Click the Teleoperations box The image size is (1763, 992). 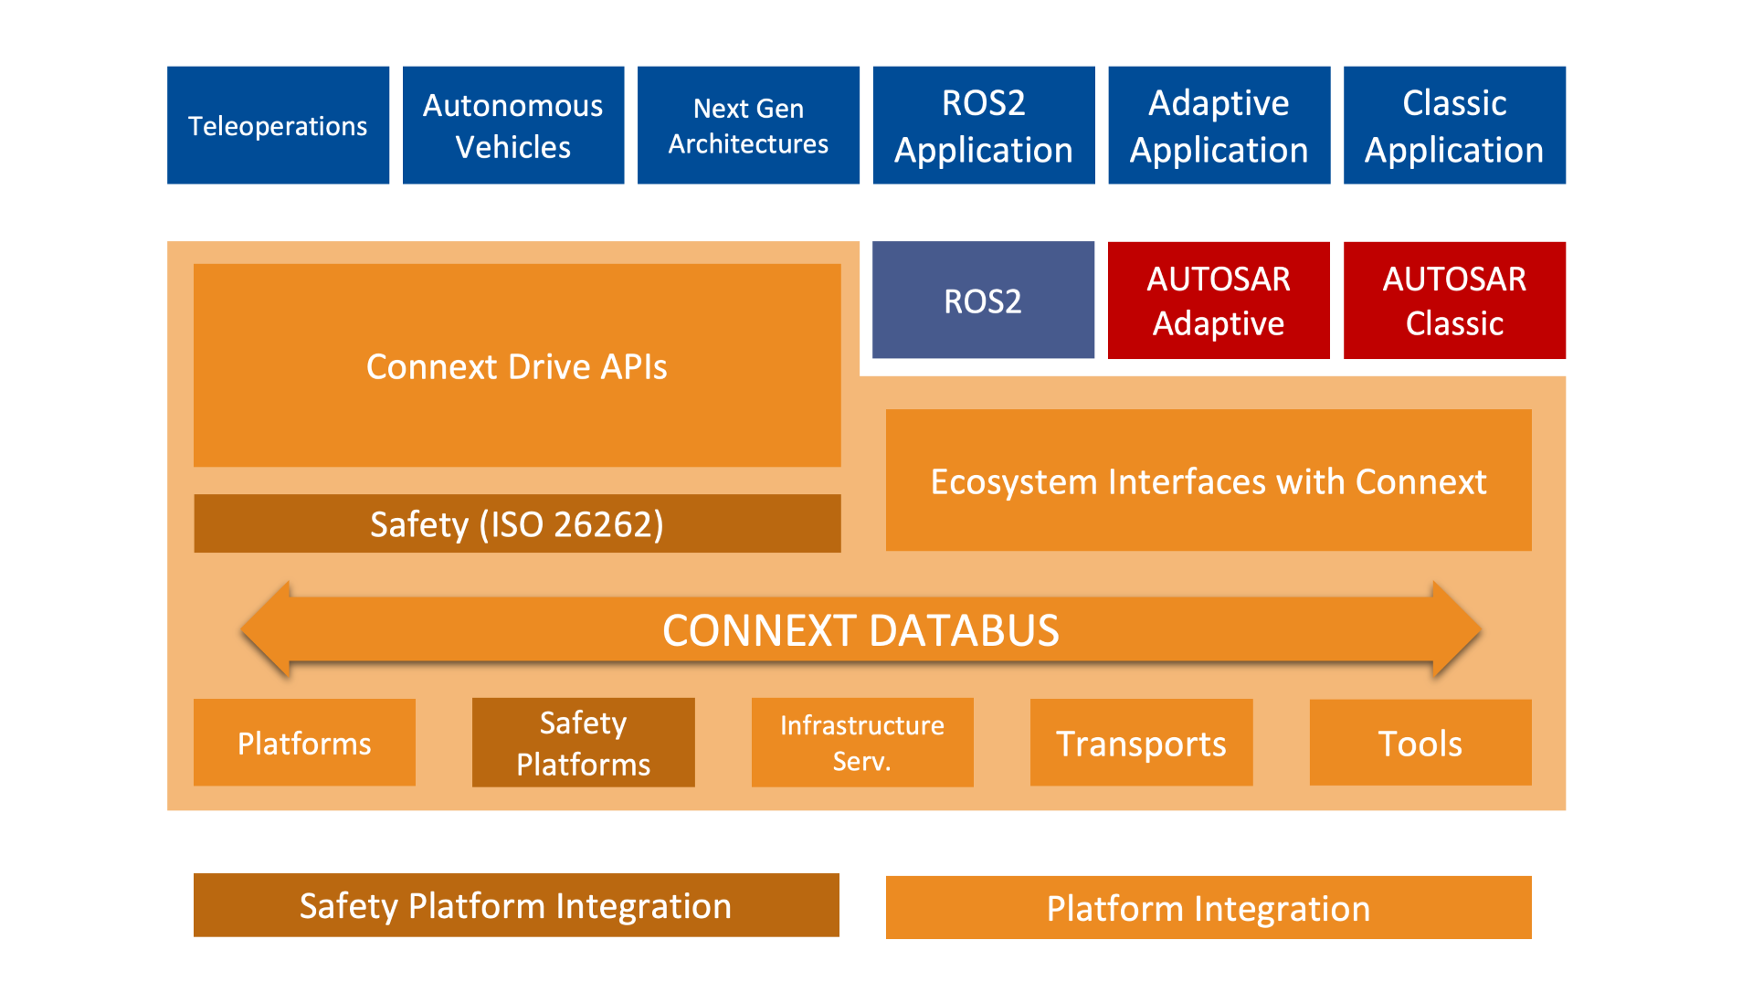pyautogui.click(x=278, y=125)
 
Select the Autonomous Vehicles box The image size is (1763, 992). pyautogui.click(x=513, y=125)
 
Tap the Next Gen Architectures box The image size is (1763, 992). pyautogui.click(x=748, y=125)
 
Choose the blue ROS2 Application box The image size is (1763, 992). pyautogui.click(x=983, y=125)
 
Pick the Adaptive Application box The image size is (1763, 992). pyautogui.click(x=1219, y=125)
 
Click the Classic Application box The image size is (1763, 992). pyautogui.click(x=1454, y=125)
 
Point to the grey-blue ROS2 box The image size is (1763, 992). pyautogui.click(x=983, y=301)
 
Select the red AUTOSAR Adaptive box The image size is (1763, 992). pyautogui.click(x=1219, y=301)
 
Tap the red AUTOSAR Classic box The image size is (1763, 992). pyautogui.click(x=1454, y=301)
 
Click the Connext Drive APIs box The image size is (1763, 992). pyautogui.click(x=517, y=365)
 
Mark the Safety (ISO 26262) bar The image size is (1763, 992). pyautogui.click(x=517, y=523)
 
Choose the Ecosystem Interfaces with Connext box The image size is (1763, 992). pyautogui.click(x=1208, y=480)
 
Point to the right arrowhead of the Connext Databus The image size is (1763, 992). pyautogui.click(x=1456, y=630)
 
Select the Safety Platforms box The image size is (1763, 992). pyautogui.click(x=583, y=743)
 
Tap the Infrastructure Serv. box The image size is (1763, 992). pyautogui.click(x=861, y=743)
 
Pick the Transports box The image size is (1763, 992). pyautogui.click(x=1141, y=743)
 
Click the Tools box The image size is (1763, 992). pyautogui.click(x=1420, y=743)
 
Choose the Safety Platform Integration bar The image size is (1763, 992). pyautogui.click(x=516, y=905)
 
